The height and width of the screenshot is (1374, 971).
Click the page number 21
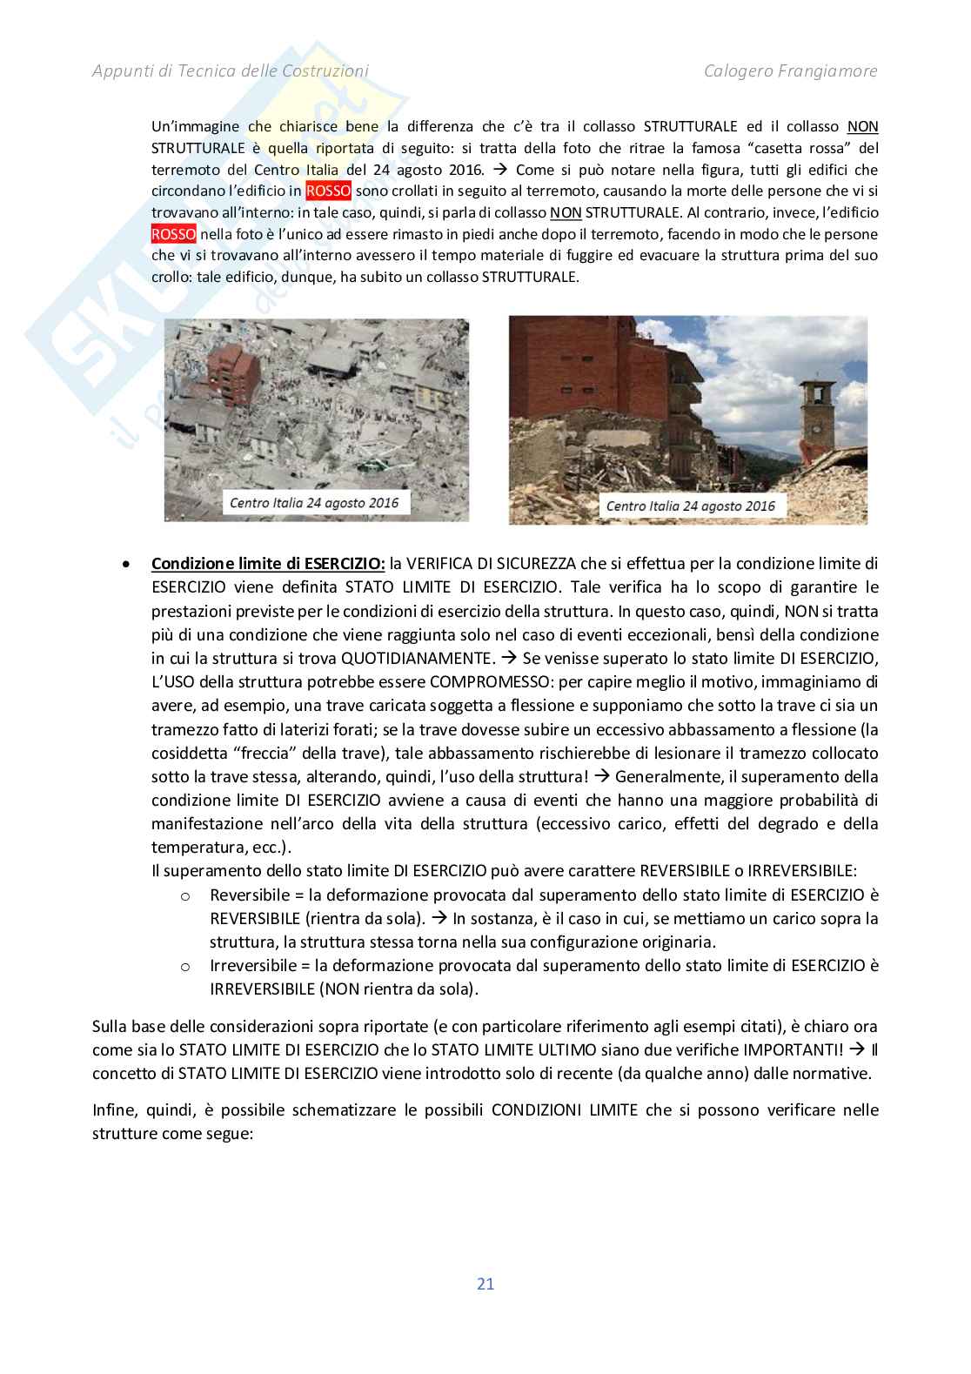tap(485, 1283)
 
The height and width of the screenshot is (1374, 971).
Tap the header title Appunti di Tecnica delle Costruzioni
tap(231, 71)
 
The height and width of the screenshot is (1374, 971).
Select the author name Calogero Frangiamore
tap(790, 71)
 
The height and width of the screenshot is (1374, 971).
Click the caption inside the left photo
tap(314, 502)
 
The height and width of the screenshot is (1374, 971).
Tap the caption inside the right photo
tap(690, 506)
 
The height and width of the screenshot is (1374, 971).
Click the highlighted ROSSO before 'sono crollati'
tap(328, 191)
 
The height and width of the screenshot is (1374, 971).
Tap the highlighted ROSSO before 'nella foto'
tap(174, 234)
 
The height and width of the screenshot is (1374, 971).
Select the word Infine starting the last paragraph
tap(113, 1110)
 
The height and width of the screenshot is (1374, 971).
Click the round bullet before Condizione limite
tap(128, 565)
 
